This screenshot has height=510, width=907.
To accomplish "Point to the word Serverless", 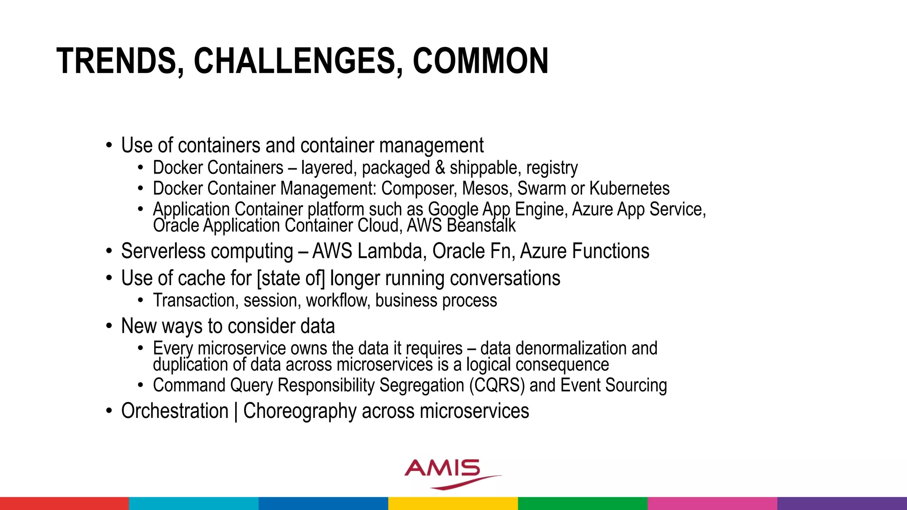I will (x=163, y=251).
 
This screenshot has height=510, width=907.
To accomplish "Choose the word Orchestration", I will (x=174, y=411).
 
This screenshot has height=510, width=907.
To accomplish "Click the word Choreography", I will (x=300, y=411).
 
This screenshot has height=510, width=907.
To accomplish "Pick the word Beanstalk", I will (x=481, y=226).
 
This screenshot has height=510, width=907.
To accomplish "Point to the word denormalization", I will (x=571, y=348).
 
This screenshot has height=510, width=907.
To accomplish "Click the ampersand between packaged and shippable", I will (x=440, y=168).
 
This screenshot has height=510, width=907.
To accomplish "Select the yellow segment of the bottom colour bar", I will (x=453, y=503).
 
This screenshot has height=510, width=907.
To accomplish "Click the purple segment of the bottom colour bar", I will (x=842, y=503).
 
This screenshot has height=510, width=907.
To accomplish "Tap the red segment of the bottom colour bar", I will (x=64, y=503).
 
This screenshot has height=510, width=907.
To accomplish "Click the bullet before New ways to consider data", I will (x=109, y=326).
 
